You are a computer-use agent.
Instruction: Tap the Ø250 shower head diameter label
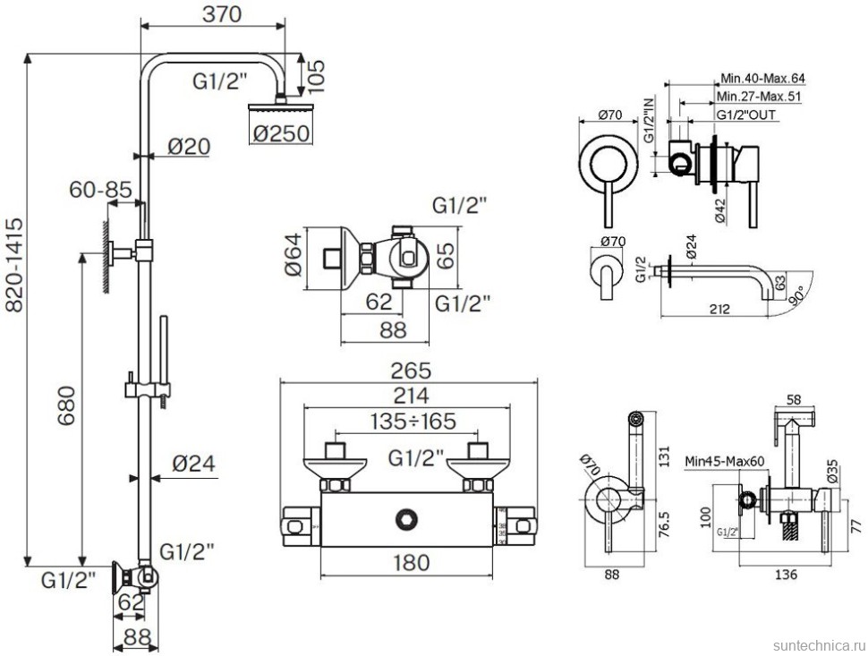[281, 132]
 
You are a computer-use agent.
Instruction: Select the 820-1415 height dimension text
[14, 266]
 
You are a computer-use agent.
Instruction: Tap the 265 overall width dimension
[411, 370]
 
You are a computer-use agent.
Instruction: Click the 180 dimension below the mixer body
[411, 562]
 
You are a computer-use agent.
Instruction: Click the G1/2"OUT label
[746, 115]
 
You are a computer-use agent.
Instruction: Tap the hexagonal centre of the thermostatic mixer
[411, 516]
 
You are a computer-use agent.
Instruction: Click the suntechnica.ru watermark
[815, 644]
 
